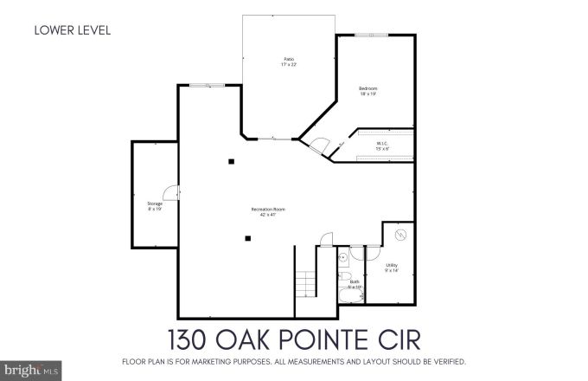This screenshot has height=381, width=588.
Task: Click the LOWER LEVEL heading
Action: (72, 32)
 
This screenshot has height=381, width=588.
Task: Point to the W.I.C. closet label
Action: (382, 145)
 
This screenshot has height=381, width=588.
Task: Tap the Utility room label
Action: (393, 268)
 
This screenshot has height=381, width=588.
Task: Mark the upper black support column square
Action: (231, 161)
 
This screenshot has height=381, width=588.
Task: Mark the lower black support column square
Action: (247, 238)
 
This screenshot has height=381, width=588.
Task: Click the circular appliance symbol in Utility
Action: (400, 235)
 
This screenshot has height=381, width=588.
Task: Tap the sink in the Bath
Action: (343, 257)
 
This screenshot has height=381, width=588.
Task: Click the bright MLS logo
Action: (23, 370)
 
